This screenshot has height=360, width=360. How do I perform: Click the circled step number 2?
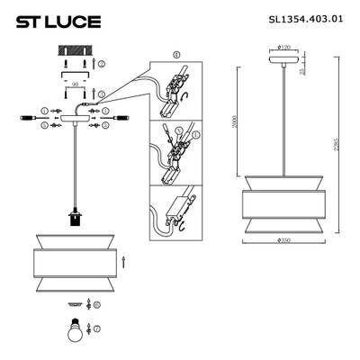pos(103,65)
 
